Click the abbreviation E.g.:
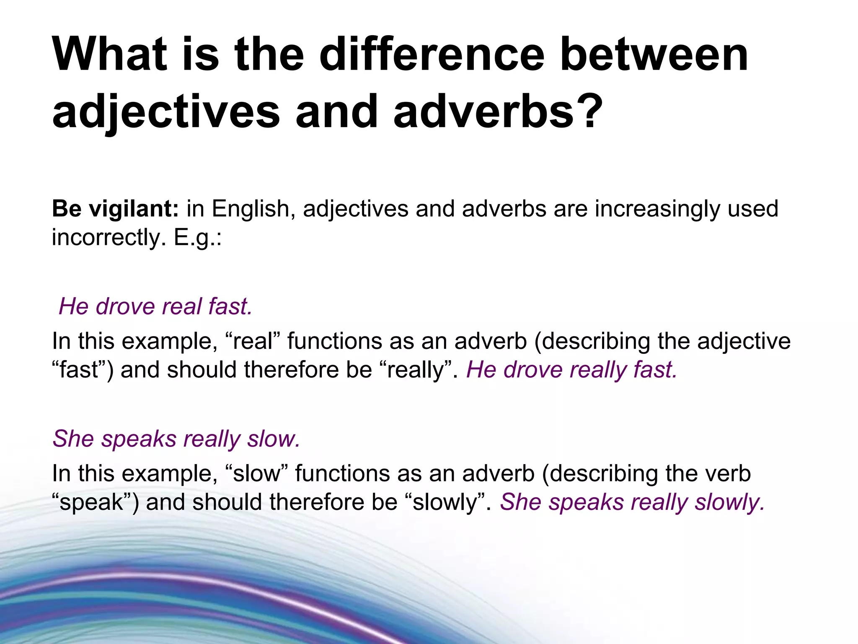coord(197,238)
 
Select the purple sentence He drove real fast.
coord(155,306)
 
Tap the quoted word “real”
coord(252,341)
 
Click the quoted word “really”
coord(416,370)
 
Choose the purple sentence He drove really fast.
coord(571,370)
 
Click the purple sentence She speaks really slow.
coord(176,439)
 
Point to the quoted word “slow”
coord(256,474)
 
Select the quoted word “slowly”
coord(445,502)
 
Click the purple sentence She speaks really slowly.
coord(632,502)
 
